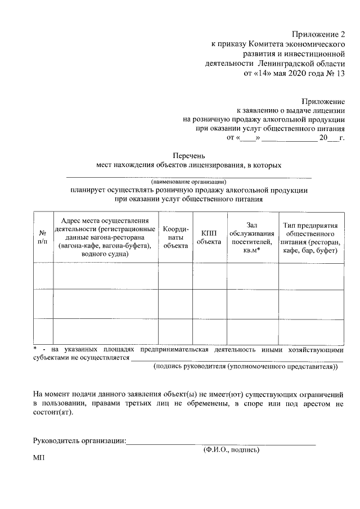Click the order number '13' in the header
(339, 73)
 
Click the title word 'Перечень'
(188, 155)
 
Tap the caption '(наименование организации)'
(188, 182)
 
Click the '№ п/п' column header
(43, 237)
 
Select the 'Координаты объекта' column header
(175, 237)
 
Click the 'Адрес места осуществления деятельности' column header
(105, 237)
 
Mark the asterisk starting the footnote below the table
(35, 349)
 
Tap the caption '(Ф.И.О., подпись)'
(231, 450)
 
